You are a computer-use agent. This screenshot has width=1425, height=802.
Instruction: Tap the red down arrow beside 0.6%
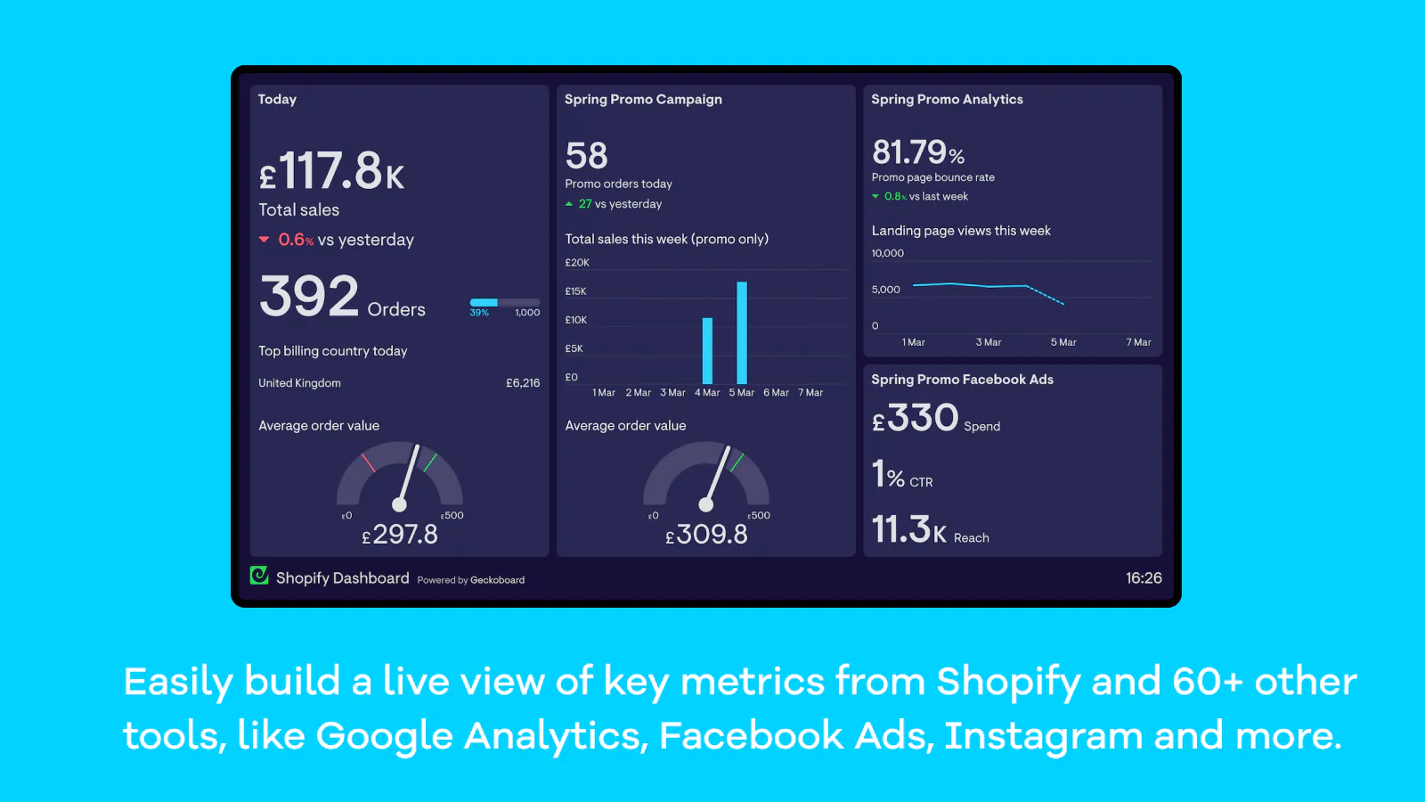264,240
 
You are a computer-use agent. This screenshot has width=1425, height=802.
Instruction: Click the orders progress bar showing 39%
504,303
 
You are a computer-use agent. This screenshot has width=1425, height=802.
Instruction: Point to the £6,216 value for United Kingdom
523,383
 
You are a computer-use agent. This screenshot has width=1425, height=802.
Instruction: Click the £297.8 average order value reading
400,535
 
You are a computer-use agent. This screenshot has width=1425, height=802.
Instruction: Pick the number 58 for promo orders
586,156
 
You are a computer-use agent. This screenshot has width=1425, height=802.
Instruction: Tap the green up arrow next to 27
569,204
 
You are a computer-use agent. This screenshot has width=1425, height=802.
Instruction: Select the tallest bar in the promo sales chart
742,332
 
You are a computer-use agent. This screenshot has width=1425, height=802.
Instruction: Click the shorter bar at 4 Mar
707,350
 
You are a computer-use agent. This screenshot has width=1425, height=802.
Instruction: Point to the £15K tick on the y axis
575,291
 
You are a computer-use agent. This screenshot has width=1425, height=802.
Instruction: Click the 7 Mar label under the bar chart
810,393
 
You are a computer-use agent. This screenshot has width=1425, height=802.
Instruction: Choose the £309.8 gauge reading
706,535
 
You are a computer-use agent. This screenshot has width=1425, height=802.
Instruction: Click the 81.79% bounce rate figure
918,152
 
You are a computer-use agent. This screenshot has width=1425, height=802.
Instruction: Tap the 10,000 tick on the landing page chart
887,253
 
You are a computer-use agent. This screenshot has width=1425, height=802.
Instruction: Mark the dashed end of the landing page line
1047,296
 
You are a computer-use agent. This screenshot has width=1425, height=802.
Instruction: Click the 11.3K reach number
909,530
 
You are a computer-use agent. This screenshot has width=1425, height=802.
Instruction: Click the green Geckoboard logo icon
259,576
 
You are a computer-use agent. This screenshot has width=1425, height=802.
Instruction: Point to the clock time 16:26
1144,578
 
